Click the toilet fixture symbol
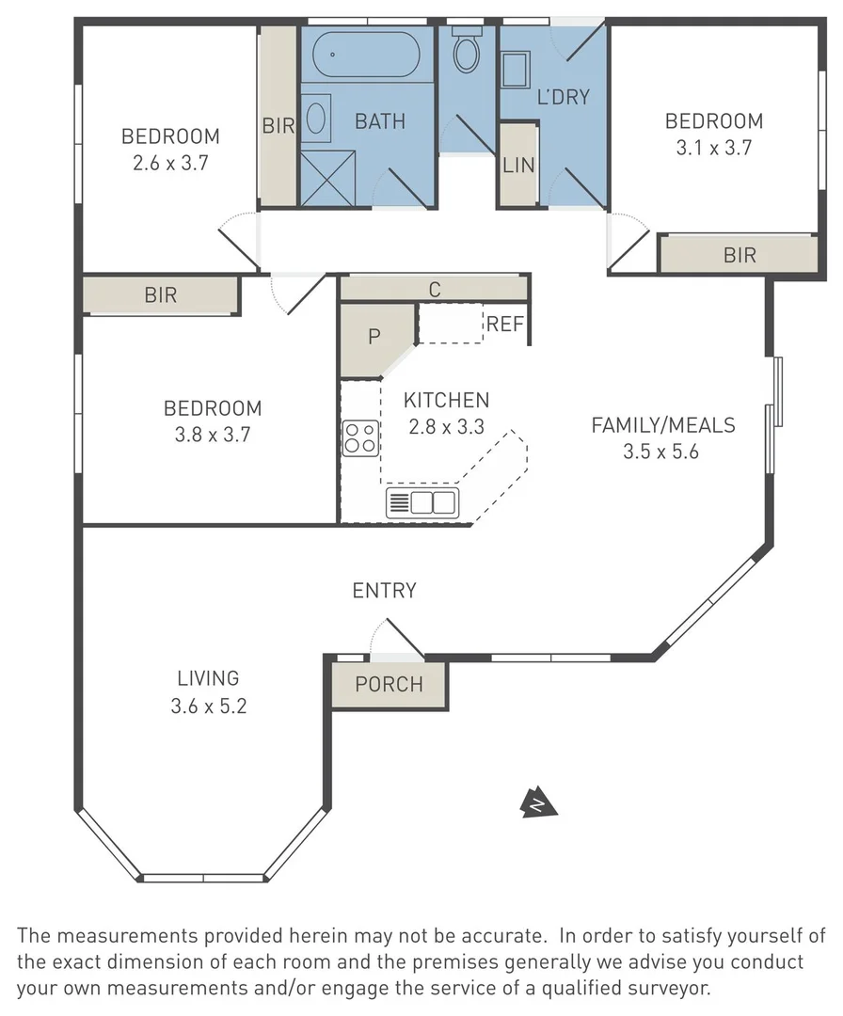click(466, 49)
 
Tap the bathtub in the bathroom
click(366, 55)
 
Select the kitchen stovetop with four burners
click(360, 438)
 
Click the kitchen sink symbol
click(422, 502)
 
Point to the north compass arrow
click(538, 803)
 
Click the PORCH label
click(389, 684)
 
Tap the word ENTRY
click(384, 590)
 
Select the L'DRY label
click(563, 97)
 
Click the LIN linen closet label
click(518, 166)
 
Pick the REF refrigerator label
click(504, 324)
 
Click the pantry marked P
click(374, 337)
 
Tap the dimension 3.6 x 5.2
click(209, 706)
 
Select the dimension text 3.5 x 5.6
click(660, 452)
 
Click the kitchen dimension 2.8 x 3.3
click(447, 427)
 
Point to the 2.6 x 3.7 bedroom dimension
click(170, 163)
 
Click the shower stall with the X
click(327, 179)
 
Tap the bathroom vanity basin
click(315, 119)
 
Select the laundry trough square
click(517, 70)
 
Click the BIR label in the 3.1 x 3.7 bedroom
click(740, 255)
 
